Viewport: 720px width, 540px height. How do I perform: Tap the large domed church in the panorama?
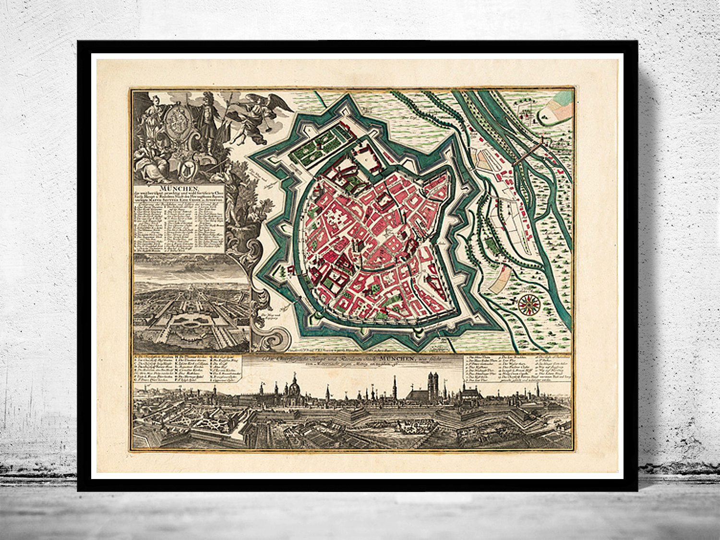click(x=293, y=390)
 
